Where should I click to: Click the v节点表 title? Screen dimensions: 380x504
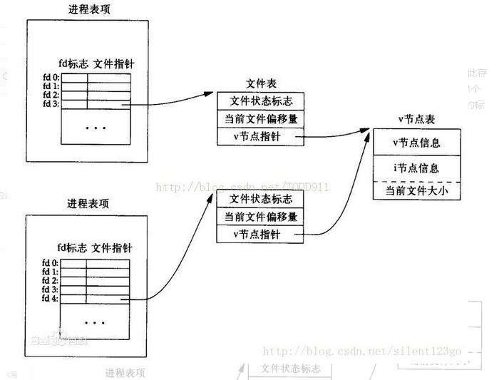tap(417, 119)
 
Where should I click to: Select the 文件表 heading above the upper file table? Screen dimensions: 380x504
tap(259, 83)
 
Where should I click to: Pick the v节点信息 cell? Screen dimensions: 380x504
tap(416, 142)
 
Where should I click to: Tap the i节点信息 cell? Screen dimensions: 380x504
tap(416, 168)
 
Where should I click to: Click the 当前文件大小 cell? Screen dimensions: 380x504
tap(416, 191)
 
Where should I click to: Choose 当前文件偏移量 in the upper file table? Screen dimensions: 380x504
tap(260, 118)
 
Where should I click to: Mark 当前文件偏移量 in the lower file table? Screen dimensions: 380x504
tap(260, 216)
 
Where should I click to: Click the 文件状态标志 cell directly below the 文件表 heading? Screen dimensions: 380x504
tap(260, 101)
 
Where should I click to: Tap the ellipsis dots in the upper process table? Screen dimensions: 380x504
tap(95, 128)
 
